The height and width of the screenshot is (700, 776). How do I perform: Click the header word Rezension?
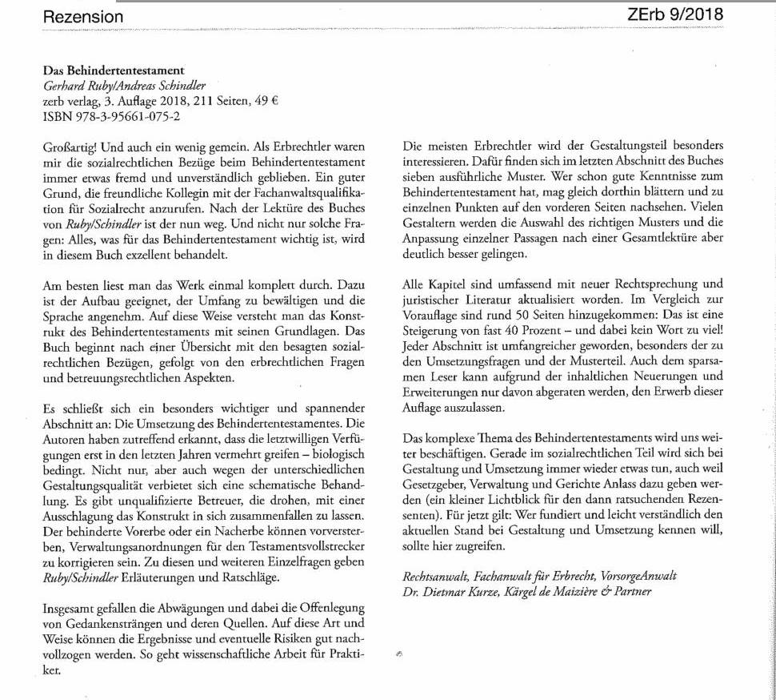[x=83, y=17]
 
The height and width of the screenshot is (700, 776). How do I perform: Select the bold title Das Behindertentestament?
[x=114, y=70]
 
